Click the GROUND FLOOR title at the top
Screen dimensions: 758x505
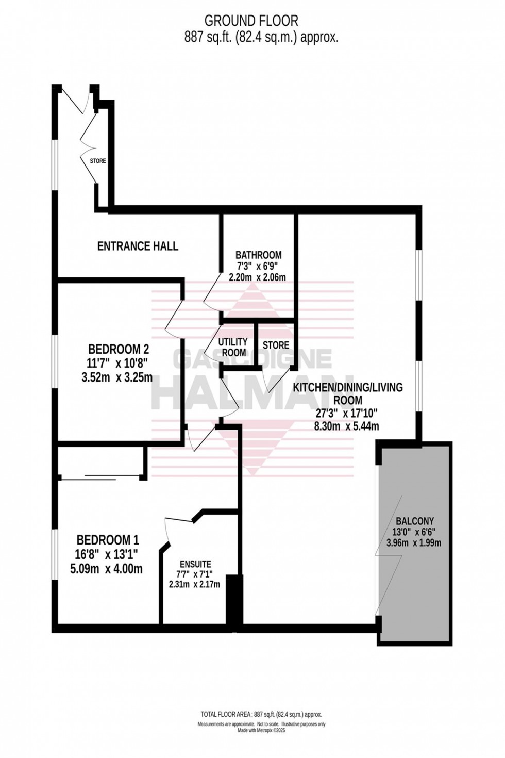251,21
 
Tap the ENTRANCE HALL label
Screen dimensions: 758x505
138,246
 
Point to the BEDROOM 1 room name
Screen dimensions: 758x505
107,540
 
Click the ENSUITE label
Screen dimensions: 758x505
195,564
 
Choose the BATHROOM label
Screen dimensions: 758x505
258,255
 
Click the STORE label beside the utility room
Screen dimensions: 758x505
276,345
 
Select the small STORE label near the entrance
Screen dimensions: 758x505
98,161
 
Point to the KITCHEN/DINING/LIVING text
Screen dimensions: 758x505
348,387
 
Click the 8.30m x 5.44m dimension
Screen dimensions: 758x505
347,426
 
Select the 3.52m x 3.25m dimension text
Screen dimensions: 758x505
117,377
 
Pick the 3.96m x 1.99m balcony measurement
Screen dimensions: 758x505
414,542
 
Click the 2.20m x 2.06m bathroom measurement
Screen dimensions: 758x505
257,277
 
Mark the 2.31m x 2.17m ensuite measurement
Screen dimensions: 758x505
194,584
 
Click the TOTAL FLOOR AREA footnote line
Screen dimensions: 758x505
261,714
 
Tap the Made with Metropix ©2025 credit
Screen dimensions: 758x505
261,730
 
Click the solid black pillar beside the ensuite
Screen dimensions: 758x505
234,601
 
